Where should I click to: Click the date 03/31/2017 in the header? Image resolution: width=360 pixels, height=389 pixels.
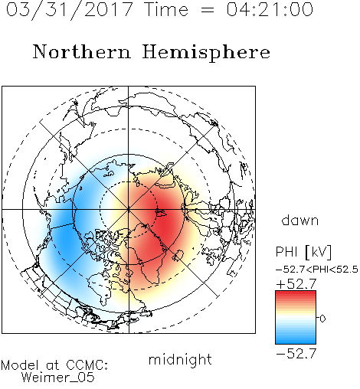(70, 10)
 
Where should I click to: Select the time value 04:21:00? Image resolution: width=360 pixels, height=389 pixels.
(270, 9)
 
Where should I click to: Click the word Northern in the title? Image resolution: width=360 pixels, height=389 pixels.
(82, 51)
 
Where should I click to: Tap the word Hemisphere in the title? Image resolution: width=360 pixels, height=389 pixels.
(206, 52)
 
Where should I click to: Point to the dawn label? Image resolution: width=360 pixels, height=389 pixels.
(300, 220)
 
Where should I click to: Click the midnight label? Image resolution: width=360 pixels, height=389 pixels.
(180, 359)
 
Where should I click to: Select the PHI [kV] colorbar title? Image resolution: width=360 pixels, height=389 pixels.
(303, 252)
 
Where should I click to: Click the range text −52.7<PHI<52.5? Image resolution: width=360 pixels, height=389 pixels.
(317, 270)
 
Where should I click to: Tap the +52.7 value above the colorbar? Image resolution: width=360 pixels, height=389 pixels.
(296, 284)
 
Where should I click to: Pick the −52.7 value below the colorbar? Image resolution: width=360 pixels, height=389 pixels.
(296, 354)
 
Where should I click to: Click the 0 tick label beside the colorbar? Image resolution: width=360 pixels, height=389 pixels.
(322, 319)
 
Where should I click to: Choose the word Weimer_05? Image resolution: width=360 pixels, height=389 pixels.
(58, 378)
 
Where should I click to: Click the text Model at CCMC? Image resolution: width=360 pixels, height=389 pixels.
(54, 365)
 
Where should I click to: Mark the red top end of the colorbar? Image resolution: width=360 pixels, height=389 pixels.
(296, 293)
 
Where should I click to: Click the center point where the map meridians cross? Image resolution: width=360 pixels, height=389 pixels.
(129, 209)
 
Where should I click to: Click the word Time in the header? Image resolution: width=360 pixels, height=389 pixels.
(166, 9)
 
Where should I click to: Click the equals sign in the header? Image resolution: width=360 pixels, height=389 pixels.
(208, 10)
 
